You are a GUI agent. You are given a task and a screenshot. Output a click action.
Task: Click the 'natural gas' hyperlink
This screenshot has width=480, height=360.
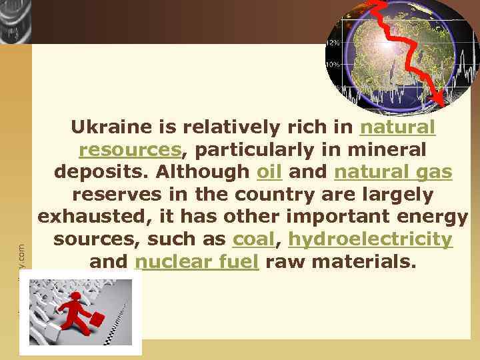[x=393, y=171]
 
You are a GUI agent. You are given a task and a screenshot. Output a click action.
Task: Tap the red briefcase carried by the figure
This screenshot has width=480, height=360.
[x=97, y=319]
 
